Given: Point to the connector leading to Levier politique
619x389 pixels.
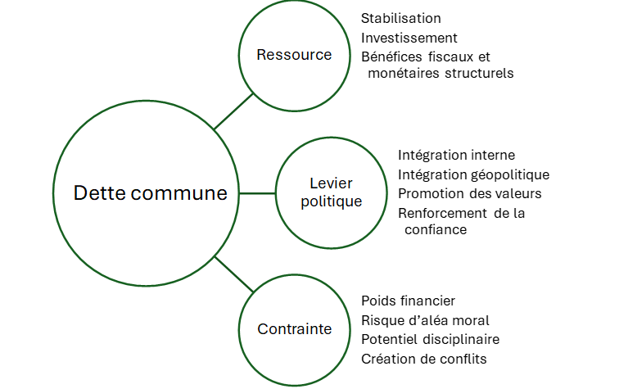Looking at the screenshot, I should pos(257,194).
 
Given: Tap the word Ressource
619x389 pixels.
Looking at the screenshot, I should pos(294,55).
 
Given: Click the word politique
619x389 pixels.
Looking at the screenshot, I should pos(331,201).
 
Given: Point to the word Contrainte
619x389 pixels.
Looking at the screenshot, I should pos(294,329).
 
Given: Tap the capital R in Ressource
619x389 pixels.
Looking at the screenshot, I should pos(261,55).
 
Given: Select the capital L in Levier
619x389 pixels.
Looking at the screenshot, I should pos(314,183).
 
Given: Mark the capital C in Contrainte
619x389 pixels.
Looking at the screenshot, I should pos(262,329).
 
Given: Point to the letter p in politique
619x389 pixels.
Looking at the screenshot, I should pos(305,203).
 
